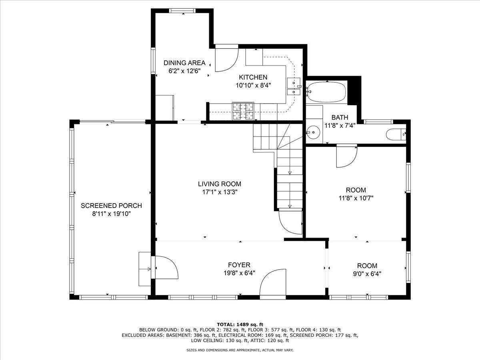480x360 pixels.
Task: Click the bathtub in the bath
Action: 326,92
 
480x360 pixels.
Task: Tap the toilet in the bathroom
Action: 396,134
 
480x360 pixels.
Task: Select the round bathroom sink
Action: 313,132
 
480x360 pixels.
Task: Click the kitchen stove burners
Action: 243,111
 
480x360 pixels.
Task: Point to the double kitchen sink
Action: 294,86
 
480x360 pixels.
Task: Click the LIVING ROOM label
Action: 220,184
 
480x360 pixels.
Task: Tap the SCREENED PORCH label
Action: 111,206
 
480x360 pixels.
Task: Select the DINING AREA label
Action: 184,63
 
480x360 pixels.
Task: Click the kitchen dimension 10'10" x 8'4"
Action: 253,85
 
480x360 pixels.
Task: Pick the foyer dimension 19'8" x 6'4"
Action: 239,273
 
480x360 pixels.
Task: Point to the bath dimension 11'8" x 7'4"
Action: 340,126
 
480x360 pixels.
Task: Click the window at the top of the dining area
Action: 182,11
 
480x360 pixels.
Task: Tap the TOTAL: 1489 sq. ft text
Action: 240,330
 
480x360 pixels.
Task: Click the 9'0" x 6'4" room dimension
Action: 367,274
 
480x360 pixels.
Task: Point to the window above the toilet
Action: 378,122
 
